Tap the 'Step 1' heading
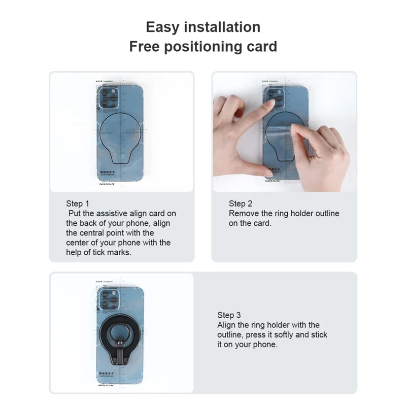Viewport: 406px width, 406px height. coord(77,204)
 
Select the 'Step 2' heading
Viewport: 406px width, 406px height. coord(241,204)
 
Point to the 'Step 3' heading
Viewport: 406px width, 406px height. coord(229,315)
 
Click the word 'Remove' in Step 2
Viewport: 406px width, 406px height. coord(243,214)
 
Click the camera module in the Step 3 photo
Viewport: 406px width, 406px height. coord(108,299)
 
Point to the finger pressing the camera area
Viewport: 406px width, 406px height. coord(269,105)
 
